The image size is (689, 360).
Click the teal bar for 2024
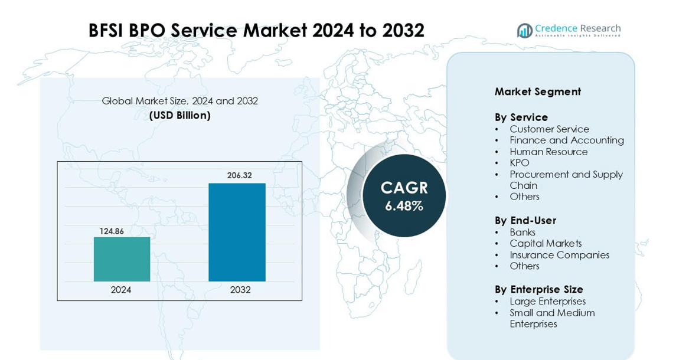[122, 259]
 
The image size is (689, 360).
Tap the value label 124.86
[112, 231]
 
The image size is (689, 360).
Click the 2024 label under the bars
[121, 290]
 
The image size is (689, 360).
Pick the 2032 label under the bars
[240, 290]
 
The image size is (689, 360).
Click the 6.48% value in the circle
[404, 206]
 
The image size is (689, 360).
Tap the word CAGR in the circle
[404, 188]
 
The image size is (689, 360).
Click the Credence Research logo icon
[524, 31]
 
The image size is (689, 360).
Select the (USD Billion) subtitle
[179, 115]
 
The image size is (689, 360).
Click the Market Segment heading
[537, 91]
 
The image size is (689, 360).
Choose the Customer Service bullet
[549, 129]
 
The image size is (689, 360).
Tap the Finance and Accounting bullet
[566, 140]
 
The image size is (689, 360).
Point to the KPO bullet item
[519, 163]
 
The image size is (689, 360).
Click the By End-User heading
[525, 220]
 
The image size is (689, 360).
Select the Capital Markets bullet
[546, 244]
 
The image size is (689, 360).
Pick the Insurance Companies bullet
[559, 255]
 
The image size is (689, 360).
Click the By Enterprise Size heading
[538, 289]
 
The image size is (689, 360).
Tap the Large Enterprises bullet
[547, 302]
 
